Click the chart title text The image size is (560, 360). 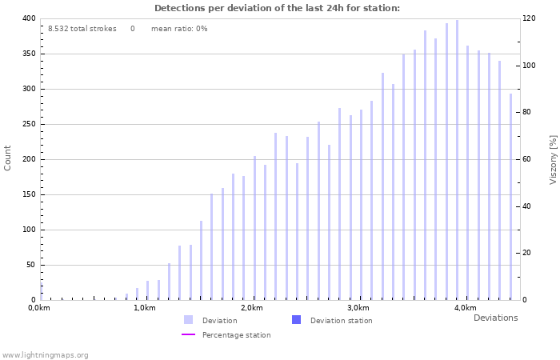[277, 8]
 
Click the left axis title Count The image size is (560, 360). [8, 158]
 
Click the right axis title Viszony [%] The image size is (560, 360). [552, 159]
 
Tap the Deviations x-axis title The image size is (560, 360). [495, 318]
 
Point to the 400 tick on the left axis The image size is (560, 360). [28, 18]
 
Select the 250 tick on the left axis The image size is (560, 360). [28, 124]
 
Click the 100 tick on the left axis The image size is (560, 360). [28, 230]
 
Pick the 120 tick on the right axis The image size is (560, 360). [529, 18]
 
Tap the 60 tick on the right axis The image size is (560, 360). [527, 159]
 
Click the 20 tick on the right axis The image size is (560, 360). [527, 253]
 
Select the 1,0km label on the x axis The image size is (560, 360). [144, 308]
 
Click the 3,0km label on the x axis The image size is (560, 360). [358, 308]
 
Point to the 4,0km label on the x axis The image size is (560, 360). [465, 308]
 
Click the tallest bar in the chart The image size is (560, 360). [458, 160]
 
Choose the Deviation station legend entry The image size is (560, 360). [341, 321]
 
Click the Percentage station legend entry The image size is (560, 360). [236, 335]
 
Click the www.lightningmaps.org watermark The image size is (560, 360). [46, 354]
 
